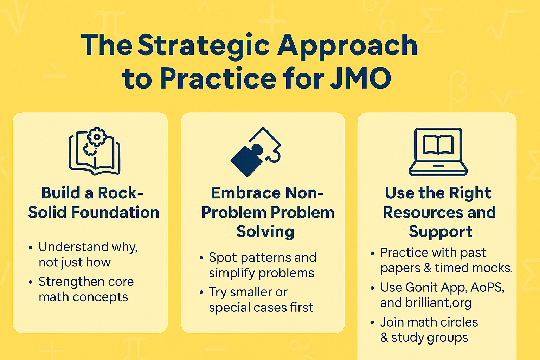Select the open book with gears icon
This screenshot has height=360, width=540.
(95, 152)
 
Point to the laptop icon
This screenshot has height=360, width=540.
(438, 152)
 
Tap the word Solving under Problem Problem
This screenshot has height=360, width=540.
(265, 232)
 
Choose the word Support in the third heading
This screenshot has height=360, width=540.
(441, 232)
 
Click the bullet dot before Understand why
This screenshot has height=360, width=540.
(31, 247)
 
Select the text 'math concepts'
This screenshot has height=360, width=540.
(83, 297)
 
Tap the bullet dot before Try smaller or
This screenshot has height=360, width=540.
(201, 292)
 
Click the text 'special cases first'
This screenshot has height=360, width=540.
(261, 308)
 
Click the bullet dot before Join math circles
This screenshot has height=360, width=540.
(372, 322)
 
